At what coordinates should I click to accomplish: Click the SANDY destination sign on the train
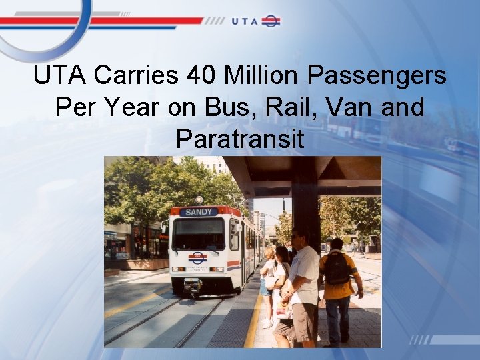click(x=198, y=212)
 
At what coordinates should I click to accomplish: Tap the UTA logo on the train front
click(x=198, y=257)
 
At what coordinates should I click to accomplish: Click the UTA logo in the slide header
click(x=256, y=21)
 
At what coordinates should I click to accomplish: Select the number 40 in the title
click(x=202, y=76)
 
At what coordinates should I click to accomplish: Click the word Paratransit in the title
click(x=240, y=139)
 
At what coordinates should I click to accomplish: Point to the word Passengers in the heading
click(x=377, y=76)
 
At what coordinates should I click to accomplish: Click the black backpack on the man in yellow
click(x=337, y=269)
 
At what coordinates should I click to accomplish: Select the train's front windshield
click(x=198, y=233)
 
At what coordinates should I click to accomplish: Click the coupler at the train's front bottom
click(x=193, y=287)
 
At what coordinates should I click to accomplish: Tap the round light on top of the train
click(x=198, y=199)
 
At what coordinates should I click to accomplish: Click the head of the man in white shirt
click(x=298, y=237)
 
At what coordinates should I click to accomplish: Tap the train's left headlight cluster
click(x=177, y=269)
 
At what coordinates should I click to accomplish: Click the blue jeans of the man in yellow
click(x=337, y=319)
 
